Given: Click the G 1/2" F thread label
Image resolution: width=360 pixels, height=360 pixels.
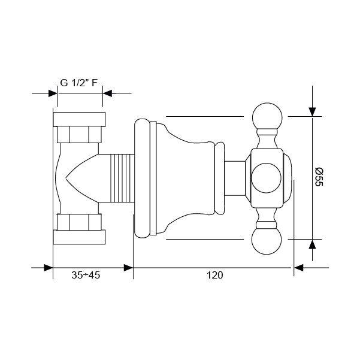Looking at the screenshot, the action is pyautogui.click(x=78, y=83).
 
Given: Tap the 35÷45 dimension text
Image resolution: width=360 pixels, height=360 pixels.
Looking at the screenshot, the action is pyautogui.click(x=86, y=275).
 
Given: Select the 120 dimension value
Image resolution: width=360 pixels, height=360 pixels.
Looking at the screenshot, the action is pyautogui.click(x=214, y=275).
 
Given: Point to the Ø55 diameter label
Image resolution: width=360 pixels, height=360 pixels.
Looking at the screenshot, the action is pyautogui.click(x=319, y=177).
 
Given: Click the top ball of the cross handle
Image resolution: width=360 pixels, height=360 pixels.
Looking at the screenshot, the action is pyautogui.click(x=267, y=117).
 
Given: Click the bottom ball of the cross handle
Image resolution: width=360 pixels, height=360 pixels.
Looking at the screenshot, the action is pyautogui.click(x=267, y=240).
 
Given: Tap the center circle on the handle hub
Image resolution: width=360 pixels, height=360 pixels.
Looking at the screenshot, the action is pyautogui.click(x=266, y=178).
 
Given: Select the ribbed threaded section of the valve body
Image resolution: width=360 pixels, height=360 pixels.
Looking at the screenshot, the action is pyautogui.click(x=122, y=178).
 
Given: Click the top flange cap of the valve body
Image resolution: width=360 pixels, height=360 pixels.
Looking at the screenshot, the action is pyautogui.click(x=79, y=119).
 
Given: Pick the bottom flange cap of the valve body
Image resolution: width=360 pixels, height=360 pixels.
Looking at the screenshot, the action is pyautogui.click(x=79, y=237).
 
